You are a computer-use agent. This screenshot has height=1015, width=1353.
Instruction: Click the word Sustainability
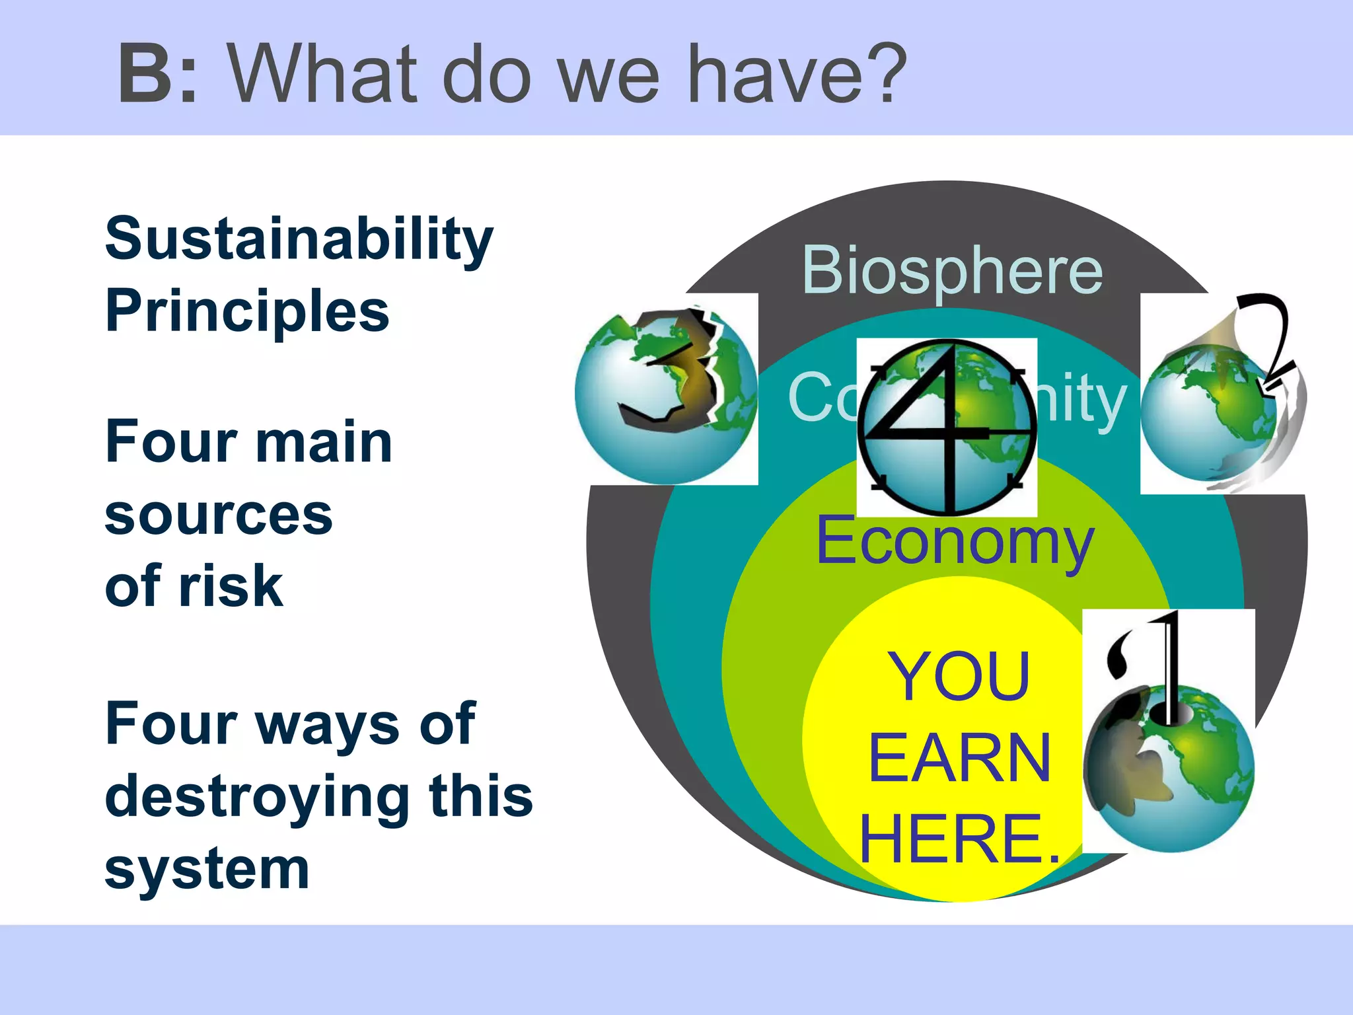pos(299,239)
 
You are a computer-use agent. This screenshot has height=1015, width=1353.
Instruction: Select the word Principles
pos(247,311)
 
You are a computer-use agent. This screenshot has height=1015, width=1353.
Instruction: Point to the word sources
pos(219,515)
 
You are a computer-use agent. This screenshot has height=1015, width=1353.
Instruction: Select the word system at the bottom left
pos(207,869)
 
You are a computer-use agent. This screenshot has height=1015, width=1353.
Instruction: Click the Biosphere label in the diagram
pos(952,270)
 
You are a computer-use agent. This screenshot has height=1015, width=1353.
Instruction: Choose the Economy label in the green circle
pos(955,541)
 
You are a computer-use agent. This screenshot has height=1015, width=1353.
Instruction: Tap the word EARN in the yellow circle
pos(959,758)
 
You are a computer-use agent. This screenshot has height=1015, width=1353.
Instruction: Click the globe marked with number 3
pos(666,395)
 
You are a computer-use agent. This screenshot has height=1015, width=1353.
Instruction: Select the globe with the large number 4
pos(947,428)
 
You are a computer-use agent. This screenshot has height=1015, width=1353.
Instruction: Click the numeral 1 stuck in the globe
pos(1168,667)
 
